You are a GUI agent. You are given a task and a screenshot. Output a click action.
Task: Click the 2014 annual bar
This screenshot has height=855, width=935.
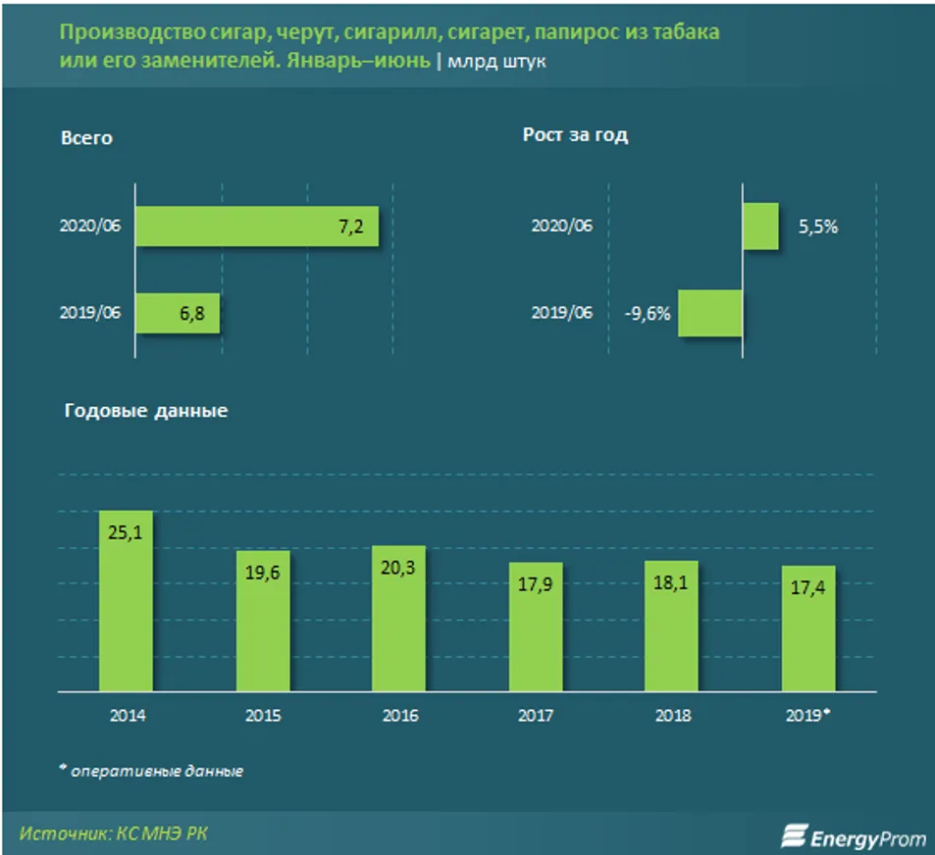[x=126, y=600]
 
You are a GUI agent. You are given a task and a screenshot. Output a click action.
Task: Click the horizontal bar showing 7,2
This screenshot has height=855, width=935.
[x=257, y=226]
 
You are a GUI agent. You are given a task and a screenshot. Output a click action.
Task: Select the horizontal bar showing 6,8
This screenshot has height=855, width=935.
[x=178, y=313]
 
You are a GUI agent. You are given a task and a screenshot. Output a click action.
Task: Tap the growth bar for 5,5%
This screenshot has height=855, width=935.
[x=761, y=226]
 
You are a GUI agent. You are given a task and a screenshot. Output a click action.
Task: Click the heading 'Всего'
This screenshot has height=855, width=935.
[x=86, y=138]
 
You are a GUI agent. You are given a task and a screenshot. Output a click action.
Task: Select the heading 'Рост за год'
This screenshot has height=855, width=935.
[x=575, y=135]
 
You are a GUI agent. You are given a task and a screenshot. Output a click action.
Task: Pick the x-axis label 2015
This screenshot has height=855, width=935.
[x=262, y=716]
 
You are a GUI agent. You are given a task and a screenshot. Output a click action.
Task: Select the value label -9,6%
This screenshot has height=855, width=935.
[x=648, y=314]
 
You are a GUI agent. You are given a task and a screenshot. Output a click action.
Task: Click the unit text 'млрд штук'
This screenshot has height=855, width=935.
[x=498, y=62]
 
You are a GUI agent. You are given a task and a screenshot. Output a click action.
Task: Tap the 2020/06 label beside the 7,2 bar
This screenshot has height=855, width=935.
[x=90, y=226]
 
